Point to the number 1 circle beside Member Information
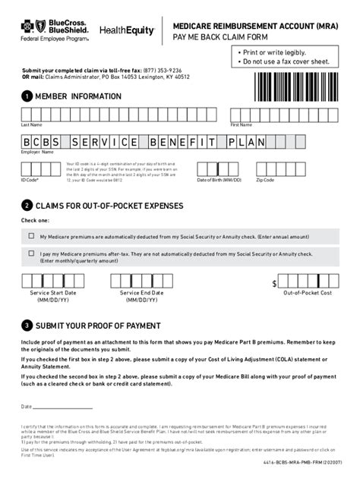click(27, 96)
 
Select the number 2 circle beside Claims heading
click(27, 205)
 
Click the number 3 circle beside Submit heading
click(27, 325)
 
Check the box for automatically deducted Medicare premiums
click(31, 236)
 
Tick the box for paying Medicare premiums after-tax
click(31, 255)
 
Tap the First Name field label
click(241, 124)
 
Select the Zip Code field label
click(265, 180)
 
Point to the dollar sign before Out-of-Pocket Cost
click(275, 283)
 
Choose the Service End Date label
click(141, 292)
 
